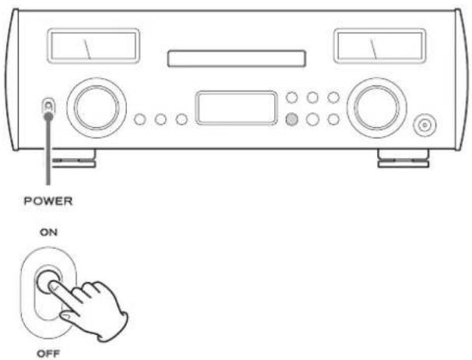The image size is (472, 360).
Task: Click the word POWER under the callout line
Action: point(48,201)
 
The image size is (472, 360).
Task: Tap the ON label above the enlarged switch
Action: point(48,232)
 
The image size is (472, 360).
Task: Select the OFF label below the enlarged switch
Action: point(48,353)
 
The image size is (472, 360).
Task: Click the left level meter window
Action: point(93,46)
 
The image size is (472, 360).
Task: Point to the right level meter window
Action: point(379,46)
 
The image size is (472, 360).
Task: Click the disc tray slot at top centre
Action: point(236,58)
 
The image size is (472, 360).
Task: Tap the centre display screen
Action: point(236,108)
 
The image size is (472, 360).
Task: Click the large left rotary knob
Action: point(97,108)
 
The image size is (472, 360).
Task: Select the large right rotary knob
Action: point(377,108)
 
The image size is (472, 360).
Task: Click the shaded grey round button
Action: point(291,119)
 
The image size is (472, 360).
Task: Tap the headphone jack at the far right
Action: point(424,125)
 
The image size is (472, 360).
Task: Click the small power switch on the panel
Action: point(48,109)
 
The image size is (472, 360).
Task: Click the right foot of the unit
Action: point(403,158)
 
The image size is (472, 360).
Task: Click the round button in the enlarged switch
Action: point(48,281)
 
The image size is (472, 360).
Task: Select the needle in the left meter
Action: point(87,49)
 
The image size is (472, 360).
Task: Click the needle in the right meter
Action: point(373,49)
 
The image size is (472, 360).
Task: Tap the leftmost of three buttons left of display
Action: point(140,119)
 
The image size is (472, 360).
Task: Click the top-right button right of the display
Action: point(333,97)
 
